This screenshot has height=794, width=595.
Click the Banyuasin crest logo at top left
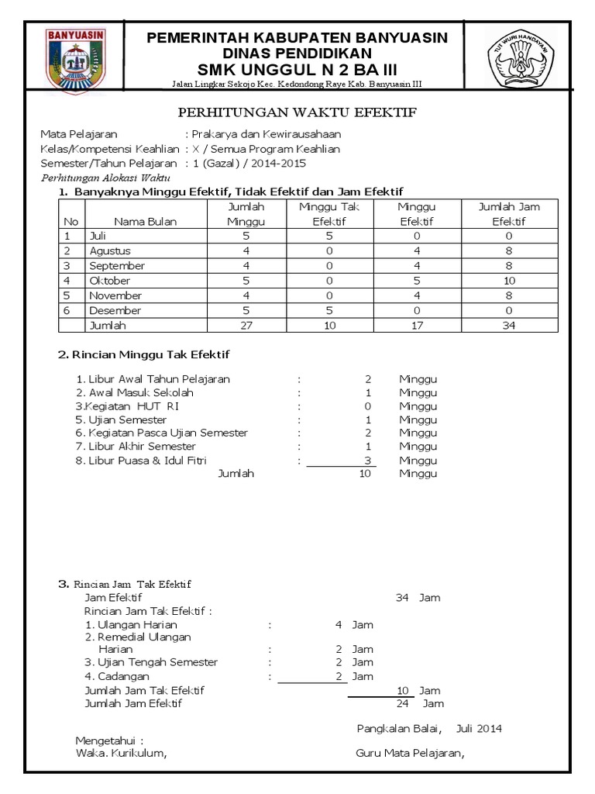[x=76, y=61]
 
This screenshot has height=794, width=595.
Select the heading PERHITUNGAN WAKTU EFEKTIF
[x=297, y=112]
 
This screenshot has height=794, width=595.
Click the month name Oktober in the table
[x=110, y=281]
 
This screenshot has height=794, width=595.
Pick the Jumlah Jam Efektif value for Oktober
[x=509, y=281]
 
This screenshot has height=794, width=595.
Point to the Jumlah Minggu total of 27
[x=246, y=326]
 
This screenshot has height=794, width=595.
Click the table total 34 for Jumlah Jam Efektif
[x=509, y=326]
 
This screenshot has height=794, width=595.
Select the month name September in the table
[x=117, y=266]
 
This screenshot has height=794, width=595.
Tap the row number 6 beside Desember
[x=67, y=310]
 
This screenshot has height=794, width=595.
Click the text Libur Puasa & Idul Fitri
[x=135, y=460]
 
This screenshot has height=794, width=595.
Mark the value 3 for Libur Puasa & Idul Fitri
[x=368, y=460]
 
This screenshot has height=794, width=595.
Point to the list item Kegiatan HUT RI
[x=127, y=406]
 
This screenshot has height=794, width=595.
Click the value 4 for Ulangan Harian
[x=339, y=624]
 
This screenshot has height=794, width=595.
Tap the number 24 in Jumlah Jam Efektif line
[x=402, y=703]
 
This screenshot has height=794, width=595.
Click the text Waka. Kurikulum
[x=120, y=752]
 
